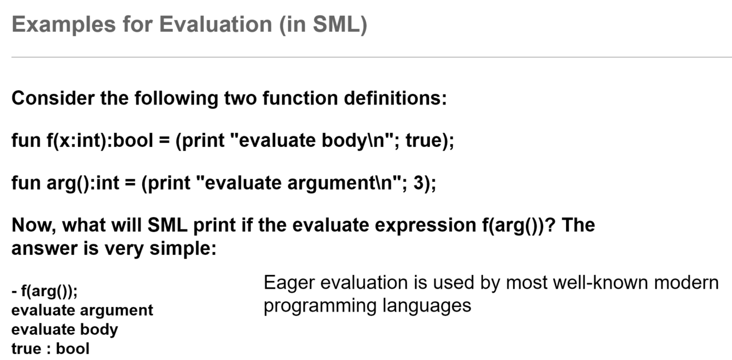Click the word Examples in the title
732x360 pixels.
(64, 25)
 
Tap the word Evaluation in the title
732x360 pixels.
(215, 25)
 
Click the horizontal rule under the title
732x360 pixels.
(371, 57)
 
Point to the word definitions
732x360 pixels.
(396, 98)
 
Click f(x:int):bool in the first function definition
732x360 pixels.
(100, 141)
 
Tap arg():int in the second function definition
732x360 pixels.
(83, 183)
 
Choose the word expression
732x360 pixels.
(426, 226)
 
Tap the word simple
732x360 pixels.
(183, 249)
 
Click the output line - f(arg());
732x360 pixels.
(44, 291)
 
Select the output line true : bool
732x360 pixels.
(50, 349)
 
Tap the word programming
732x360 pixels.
(320, 306)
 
